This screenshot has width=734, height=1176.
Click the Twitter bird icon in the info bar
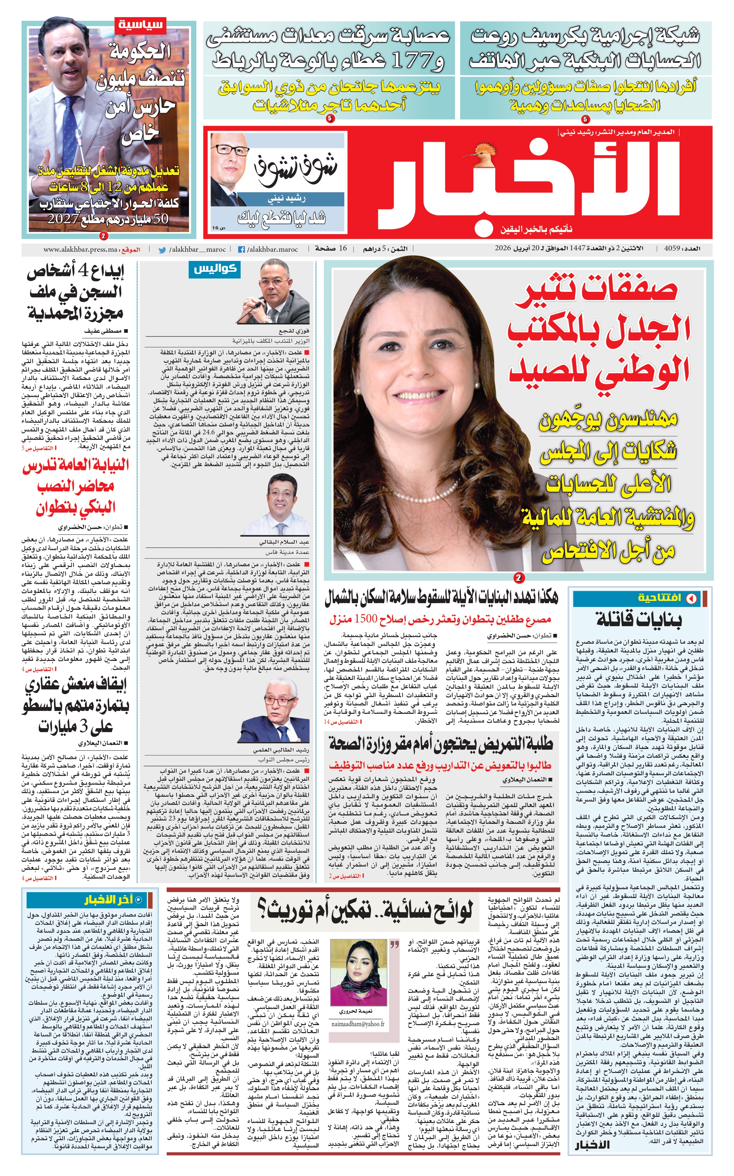point(162,250)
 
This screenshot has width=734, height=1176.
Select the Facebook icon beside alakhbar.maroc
point(241,250)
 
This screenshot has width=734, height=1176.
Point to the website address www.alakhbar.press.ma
point(80,250)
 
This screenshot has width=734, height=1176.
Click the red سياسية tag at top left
point(141,24)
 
